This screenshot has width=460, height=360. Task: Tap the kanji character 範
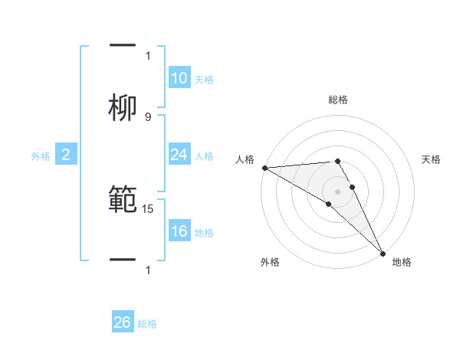pos(123,198)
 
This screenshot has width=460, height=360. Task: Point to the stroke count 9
pos(148,117)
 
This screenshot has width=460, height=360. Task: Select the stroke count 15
pos(149,208)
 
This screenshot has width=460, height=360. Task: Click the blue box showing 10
pos(179,78)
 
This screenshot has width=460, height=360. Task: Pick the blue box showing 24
pos(179,155)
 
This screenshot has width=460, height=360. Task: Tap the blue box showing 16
pos(179,231)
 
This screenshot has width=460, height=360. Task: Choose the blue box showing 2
pos(65,155)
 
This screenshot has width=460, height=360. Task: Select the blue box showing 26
pos(123,322)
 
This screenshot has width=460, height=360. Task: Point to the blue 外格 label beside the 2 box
pos(41,156)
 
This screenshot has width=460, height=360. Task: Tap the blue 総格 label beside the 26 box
pos(147,324)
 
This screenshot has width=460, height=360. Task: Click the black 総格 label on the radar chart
pos(338,100)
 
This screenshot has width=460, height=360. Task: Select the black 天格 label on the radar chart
pos(432,159)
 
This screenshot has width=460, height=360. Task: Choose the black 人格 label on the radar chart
pos(245,159)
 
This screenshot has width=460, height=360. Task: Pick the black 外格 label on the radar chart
pos(270,262)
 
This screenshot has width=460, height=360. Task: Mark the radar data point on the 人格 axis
pos(264,168)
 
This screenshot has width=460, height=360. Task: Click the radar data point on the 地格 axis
pos(383,253)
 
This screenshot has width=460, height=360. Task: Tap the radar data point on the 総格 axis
pos(338,161)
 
